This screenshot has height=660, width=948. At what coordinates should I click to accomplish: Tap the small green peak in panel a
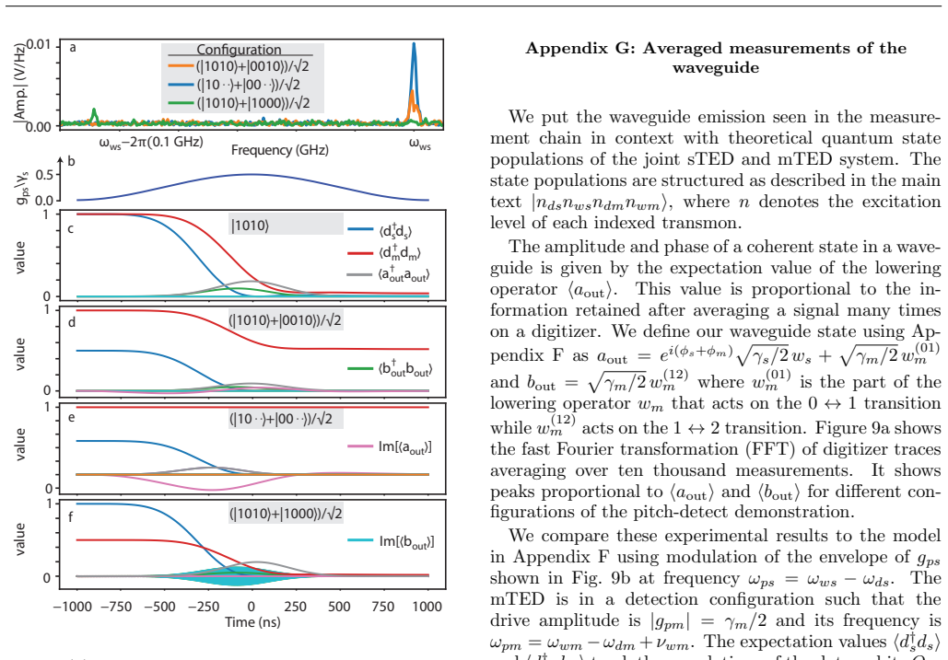(94, 115)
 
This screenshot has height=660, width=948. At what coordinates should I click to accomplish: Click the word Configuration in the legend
(239, 50)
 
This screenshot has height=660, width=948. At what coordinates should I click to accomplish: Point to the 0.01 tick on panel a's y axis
(40, 45)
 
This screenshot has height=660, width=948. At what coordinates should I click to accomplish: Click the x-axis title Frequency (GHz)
(279, 150)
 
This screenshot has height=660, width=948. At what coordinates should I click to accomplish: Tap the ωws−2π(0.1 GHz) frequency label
(151, 143)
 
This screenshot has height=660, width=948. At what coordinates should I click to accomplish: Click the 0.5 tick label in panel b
(45, 175)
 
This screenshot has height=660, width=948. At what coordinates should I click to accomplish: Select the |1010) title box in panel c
(286, 226)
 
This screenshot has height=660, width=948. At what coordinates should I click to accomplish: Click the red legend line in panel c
(360, 253)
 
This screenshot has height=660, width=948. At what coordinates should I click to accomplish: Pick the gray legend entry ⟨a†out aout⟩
(388, 274)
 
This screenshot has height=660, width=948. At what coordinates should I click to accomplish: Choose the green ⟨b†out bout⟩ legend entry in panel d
(390, 368)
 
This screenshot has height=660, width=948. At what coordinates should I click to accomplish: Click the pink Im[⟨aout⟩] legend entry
(390, 446)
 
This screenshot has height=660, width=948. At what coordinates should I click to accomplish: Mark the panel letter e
(71, 417)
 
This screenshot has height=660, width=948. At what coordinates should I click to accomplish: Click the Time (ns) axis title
(252, 622)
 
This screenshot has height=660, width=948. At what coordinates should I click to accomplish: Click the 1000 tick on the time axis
(427, 607)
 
